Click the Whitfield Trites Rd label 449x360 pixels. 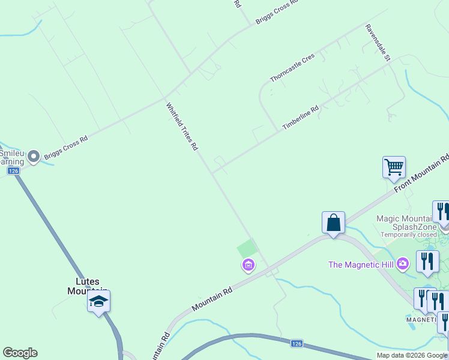click(x=182, y=126)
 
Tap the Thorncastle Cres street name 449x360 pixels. click(x=292, y=68)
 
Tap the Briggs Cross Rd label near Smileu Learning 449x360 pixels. click(x=66, y=147)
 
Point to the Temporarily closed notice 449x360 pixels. click(x=408, y=235)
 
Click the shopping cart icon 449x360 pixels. click(x=394, y=167)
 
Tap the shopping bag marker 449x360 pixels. click(x=333, y=223)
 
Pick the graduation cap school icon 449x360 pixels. click(x=99, y=301)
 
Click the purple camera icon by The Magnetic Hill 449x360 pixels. click(x=403, y=263)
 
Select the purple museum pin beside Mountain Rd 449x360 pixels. click(x=248, y=265)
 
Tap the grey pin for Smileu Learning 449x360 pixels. click(x=34, y=157)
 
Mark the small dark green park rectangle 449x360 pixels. click(x=247, y=248)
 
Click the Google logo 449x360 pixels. click(x=20, y=353)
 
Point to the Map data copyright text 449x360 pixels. click(x=412, y=355)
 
